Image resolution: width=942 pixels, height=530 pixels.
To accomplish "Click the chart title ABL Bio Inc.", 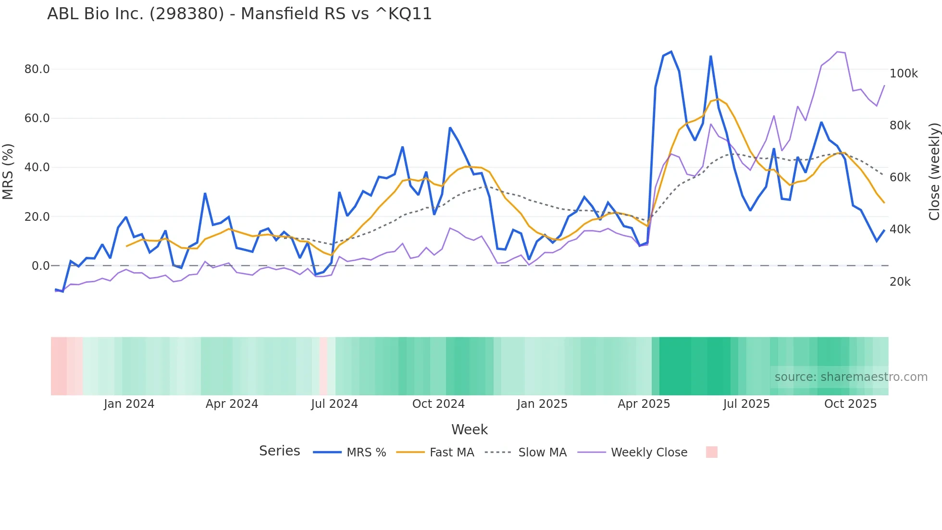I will [x=239, y=14].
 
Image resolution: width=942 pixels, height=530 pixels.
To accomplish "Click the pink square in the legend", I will [x=711, y=452].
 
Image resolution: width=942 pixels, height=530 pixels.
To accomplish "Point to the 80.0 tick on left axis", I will [x=37, y=69].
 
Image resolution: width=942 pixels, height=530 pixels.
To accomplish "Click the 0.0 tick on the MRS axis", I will [x=40, y=266].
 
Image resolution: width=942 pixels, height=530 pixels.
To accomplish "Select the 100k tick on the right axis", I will [x=903, y=74].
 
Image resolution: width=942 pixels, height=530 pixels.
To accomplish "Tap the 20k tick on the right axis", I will [x=900, y=282].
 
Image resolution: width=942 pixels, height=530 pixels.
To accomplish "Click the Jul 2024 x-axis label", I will [x=335, y=404].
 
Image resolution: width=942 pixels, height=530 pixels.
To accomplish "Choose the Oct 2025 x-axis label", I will [x=850, y=404].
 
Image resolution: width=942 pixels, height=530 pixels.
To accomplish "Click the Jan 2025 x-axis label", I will [x=542, y=404].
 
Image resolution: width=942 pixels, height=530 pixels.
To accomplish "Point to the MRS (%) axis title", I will [x=8, y=172].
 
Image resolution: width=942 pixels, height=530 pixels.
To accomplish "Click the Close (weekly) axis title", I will [x=934, y=172].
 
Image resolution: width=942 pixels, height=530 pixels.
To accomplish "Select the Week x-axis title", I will [x=470, y=429].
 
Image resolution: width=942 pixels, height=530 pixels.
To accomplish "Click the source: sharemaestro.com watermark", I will [x=851, y=377].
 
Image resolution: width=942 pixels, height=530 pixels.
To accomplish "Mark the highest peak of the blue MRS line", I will [x=671, y=51].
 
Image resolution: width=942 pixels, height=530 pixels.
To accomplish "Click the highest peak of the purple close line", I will [x=837, y=51].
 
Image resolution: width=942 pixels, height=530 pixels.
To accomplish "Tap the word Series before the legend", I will [x=279, y=451].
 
